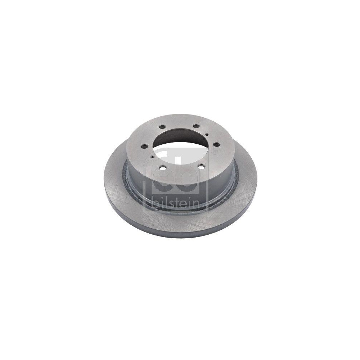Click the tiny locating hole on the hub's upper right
coord(207,134)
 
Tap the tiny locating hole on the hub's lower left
coord(153,157)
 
